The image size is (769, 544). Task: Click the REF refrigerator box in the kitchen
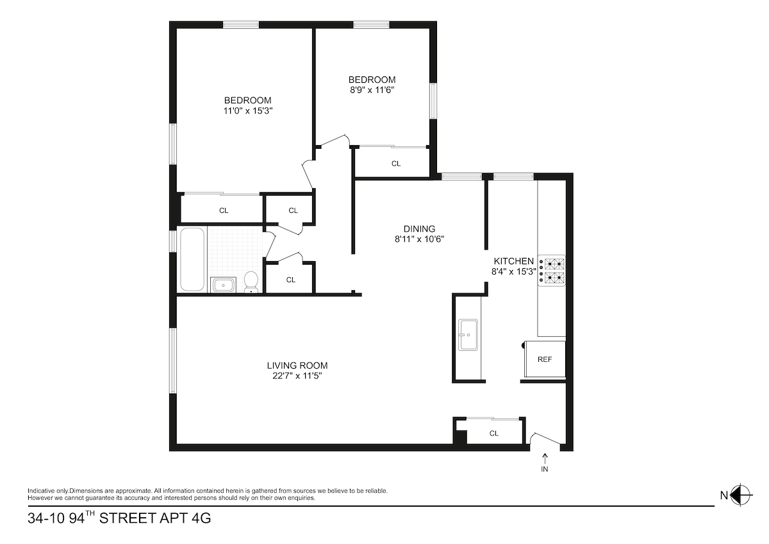click(545, 359)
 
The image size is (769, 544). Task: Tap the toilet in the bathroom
click(251, 281)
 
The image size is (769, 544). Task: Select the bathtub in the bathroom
click(192, 259)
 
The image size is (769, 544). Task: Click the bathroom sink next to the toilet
click(224, 284)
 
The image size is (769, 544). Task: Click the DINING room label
click(419, 229)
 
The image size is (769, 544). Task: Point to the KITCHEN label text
click(513, 261)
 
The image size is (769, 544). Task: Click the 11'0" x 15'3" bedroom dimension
click(247, 110)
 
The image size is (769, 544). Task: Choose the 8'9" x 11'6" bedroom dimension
click(367, 90)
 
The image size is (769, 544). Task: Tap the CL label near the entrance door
click(494, 433)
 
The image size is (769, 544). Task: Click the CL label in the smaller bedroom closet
click(396, 164)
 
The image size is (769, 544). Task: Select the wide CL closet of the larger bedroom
click(224, 210)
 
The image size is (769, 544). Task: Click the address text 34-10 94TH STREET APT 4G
click(119, 518)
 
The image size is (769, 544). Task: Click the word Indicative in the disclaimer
click(41, 491)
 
